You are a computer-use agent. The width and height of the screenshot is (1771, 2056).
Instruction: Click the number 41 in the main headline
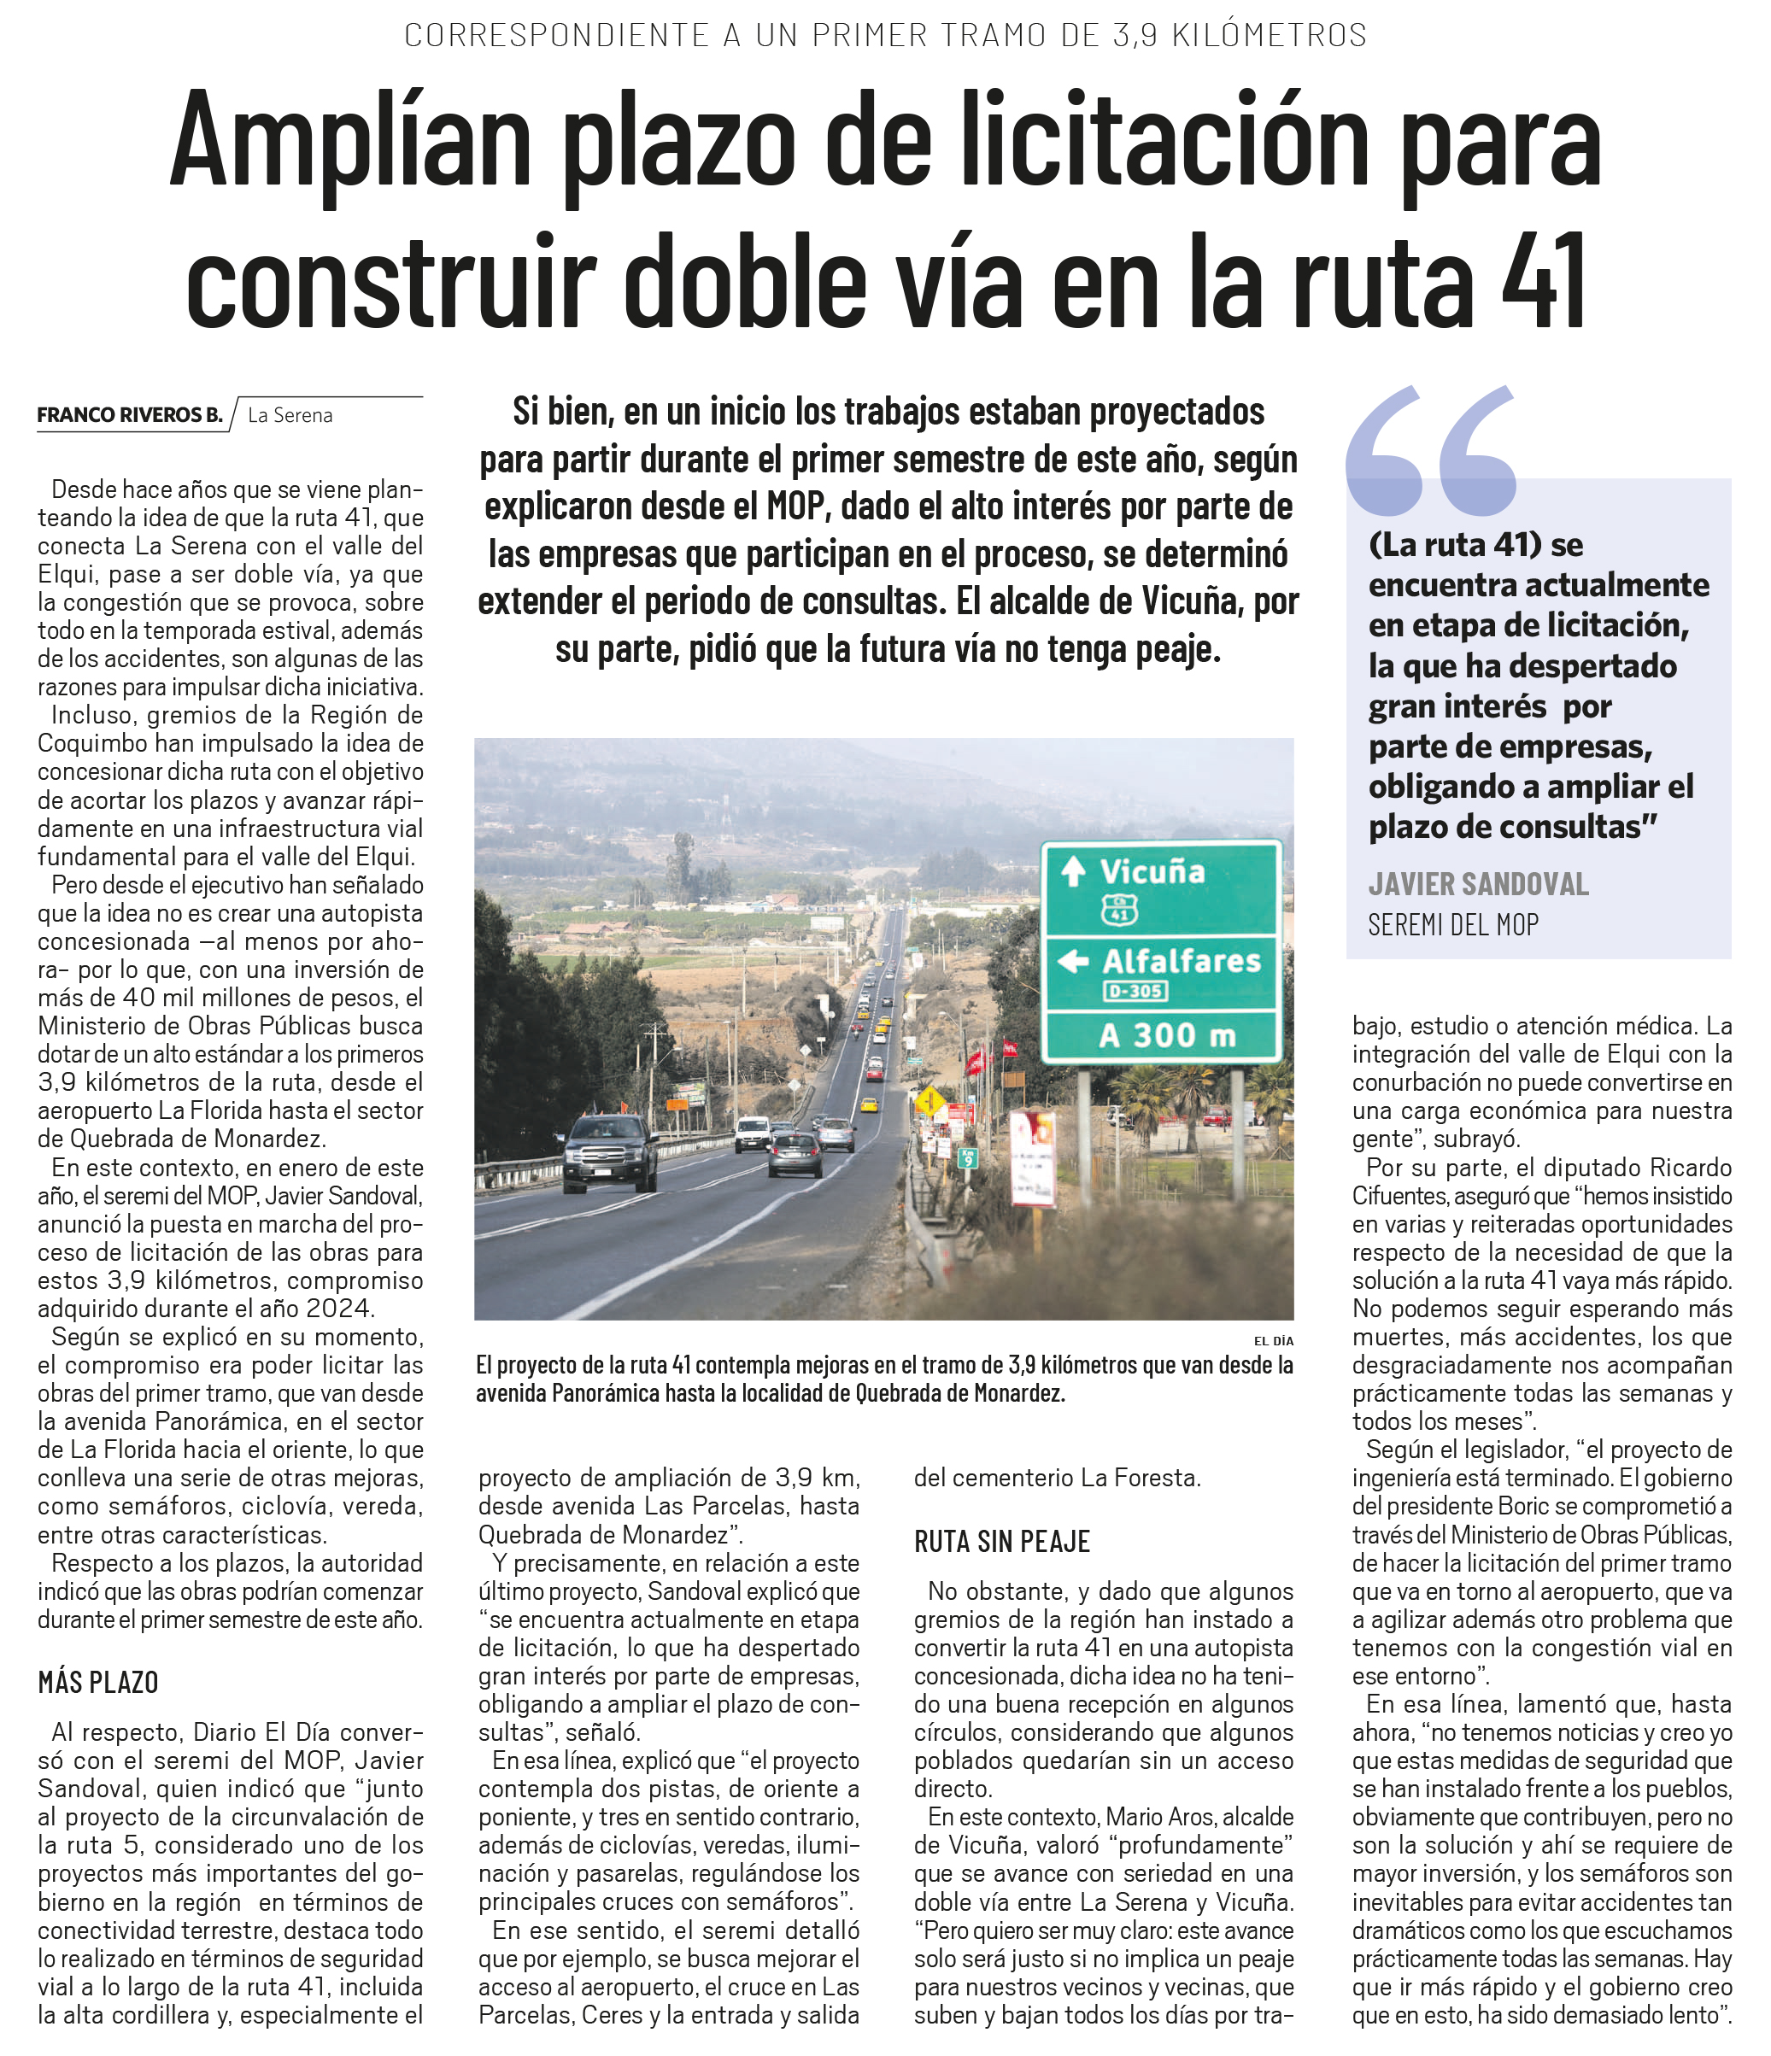pos(1544,281)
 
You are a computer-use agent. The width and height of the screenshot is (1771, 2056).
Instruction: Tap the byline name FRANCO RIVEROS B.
pos(129,415)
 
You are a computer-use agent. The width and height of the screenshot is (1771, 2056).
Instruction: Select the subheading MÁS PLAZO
pos(98,1682)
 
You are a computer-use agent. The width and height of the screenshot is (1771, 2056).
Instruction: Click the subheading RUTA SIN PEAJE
pos(1001,1541)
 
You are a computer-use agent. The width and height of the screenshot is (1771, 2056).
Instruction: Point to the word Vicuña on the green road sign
pos(1152,871)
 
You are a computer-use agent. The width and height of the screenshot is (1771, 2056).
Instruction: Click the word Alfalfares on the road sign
pos(1181,961)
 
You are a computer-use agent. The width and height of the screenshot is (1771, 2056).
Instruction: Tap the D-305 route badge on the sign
pos(1135,990)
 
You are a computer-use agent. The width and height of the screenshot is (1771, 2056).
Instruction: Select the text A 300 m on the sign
pos(1166,1036)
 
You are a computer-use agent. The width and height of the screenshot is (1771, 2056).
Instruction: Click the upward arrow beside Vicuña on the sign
pos(1072,871)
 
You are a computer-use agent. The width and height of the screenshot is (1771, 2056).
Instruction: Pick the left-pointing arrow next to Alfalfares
pos(1072,961)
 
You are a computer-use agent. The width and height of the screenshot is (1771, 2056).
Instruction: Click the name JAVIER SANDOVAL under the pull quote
pos(1478,883)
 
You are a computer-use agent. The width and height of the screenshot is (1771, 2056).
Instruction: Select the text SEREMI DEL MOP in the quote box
pos(1452,925)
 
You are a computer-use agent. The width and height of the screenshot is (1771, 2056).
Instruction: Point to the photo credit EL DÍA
pos(1274,1340)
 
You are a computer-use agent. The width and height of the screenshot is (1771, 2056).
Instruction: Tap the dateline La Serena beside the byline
pos(290,415)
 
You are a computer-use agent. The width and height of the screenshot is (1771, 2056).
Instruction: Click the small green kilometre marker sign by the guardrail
pos(967,1157)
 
